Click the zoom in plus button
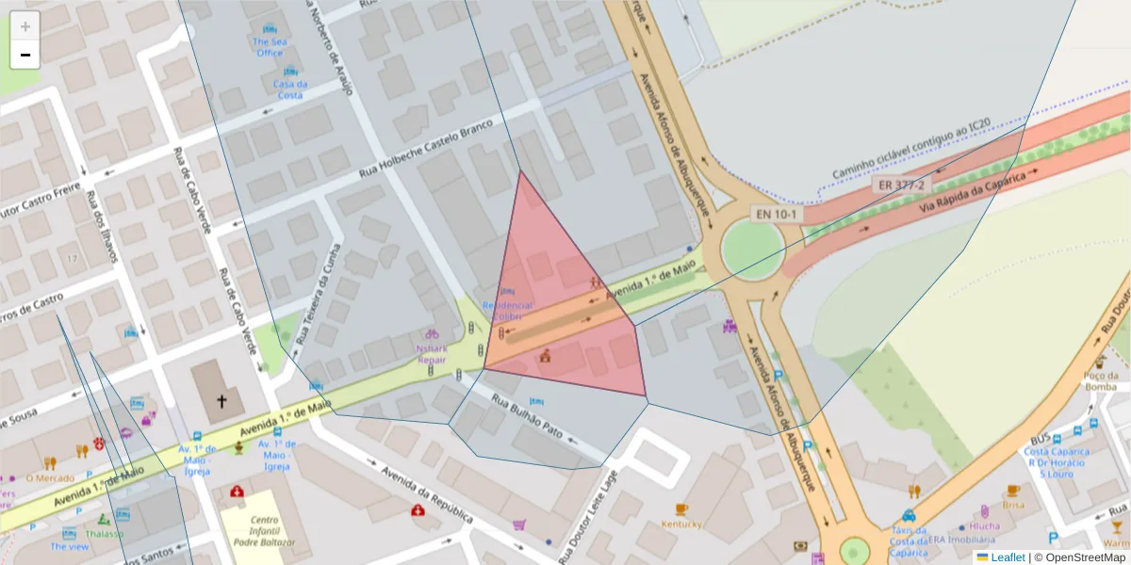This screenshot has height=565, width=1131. tap(25, 26)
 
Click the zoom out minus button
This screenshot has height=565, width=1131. tap(25, 55)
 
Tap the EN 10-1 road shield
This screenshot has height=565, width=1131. tap(777, 215)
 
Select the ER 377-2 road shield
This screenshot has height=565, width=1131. tap(899, 185)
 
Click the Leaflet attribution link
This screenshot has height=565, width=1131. tap(1008, 557)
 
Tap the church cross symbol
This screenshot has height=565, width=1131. tap(222, 401)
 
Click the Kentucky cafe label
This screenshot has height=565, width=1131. tap(680, 524)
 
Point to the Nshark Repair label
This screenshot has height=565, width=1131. tap(432, 353)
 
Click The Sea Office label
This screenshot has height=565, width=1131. tap(269, 47)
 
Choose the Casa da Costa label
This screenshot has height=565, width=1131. tap(288, 89)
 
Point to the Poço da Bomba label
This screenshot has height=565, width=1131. tap(1100, 380)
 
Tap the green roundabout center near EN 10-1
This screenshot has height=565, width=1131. tap(752, 250)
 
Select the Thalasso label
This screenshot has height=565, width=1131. tap(104, 534)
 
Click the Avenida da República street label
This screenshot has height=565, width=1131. tap(426, 490)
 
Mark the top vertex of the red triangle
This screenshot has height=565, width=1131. tap(520, 170)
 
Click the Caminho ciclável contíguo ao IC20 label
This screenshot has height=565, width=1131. tap(910, 149)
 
